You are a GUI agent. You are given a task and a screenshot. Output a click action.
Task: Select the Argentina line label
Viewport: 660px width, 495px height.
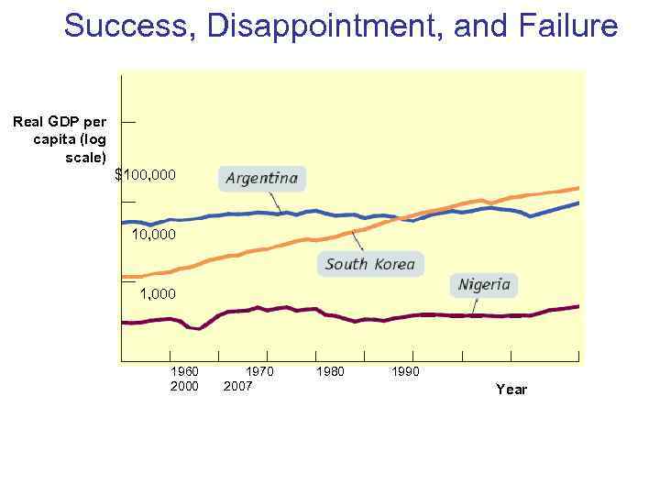pyautogui.click(x=262, y=178)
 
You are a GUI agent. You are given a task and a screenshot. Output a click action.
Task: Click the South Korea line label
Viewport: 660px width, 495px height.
pyautogui.click(x=370, y=265)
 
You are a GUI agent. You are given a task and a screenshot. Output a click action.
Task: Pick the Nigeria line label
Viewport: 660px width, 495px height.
pyautogui.click(x=484, y=284)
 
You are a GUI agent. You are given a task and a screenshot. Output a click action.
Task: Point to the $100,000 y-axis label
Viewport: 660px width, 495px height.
pyautogui.click(x=146, y=174)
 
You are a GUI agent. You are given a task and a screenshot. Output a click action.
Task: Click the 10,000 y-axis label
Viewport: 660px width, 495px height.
pyautogui.click(x=154, y=235)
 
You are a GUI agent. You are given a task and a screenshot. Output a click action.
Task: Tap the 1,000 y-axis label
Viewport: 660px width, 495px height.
pyautogui.click(x=158, y=294)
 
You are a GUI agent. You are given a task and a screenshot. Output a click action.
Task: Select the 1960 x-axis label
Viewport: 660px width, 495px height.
pyautogui.click(x=184, y=372)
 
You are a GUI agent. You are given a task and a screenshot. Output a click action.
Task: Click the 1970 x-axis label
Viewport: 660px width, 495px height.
pyautogui.click(x=259, y=372)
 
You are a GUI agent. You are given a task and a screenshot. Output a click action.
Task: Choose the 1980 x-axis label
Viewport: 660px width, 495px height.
pyautogui.click(x=330, y=372)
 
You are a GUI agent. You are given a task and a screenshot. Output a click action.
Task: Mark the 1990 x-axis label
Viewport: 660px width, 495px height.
pyautogui.click(x=405, y=372)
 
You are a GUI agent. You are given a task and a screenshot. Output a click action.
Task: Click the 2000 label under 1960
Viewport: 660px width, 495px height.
pyautogui.click(x=184, y=386)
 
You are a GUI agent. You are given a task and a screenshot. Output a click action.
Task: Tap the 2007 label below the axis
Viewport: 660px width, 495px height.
pyautogui.click(x=238, y=386)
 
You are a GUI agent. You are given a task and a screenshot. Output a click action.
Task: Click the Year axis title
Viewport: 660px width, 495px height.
pyautogui.click(x=511, y=390)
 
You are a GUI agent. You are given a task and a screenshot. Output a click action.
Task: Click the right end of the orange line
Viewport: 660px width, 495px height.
pyautogui.click(x=578, y=188)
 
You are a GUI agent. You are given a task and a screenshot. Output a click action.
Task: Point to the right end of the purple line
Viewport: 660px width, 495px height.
pyautogui.click(x=578, y=306)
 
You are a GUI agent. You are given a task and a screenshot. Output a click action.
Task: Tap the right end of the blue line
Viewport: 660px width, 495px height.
pyautogui.click(x=578, y=203)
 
